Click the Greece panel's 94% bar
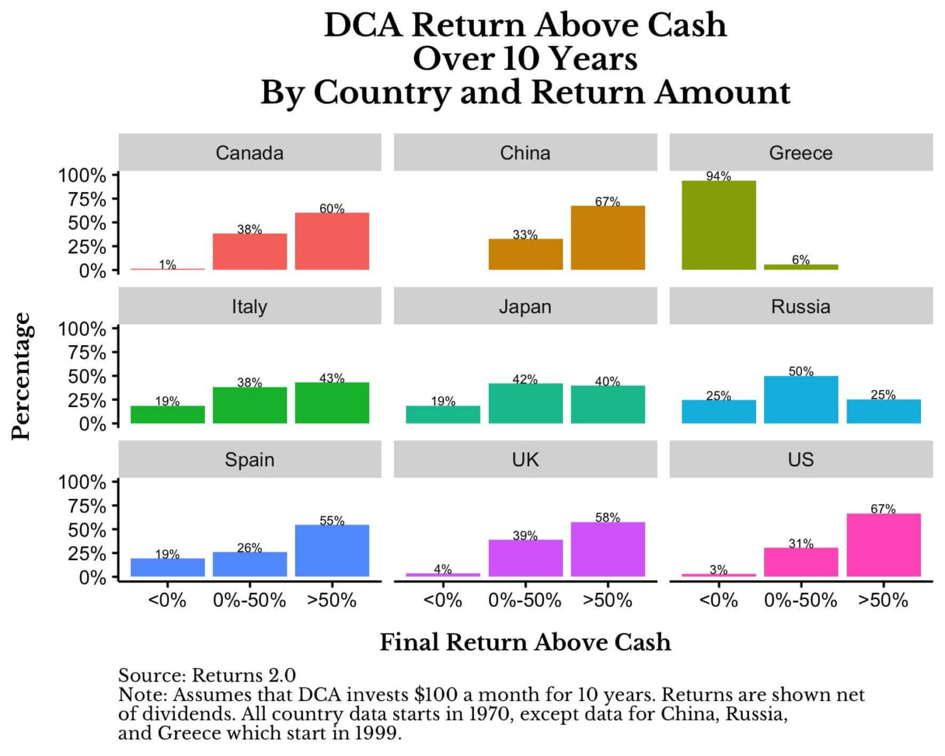click(x=718, y=226)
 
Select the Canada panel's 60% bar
click(x=332, y=241)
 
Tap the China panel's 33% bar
click(x=525, y=255)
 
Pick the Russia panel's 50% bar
click(x=801, y=399)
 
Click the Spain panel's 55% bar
click(x=332, y=551)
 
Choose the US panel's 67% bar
click(x=883, y=545)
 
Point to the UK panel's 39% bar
click(x=525, y=558)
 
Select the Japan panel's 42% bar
click(x=525, y=403)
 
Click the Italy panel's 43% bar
click(x=332, y=403)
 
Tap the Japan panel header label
click(x=525, y=307)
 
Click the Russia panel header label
click(x=801, y=307)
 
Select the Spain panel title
click(x=249, y=460)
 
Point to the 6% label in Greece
click(x=801, y=260)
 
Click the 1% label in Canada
click(x=168, y=265)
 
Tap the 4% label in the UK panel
click(x=443, y=569)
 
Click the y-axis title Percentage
click(x=21, y=376)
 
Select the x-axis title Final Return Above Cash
click(x=525, y=642)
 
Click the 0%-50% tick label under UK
click(x=525, y=600)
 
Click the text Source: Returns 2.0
click(x=207, y=675)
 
